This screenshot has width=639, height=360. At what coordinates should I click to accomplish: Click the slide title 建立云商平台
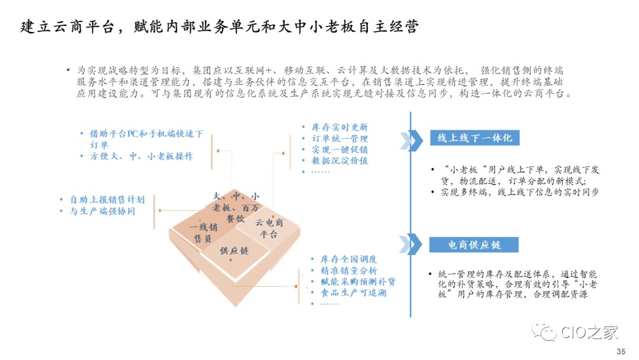click(x=219, y=27)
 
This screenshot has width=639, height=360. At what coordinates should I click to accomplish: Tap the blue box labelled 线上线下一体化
click(x=475, y=138)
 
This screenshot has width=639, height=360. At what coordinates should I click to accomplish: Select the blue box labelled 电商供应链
click(x=474, y=245)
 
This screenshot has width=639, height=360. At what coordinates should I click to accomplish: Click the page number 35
click(x=621, y=352)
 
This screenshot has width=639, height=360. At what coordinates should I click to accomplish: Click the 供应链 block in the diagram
click(x=234, y=250)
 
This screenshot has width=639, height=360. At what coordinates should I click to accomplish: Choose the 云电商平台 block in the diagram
click(x=269, y=228)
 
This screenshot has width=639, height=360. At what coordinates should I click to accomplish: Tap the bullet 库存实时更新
click(x=340, y=127)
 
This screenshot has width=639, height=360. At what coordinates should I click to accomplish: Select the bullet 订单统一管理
click(x=340, y=139)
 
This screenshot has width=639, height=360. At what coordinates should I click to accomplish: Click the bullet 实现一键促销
click(x=340, y=149)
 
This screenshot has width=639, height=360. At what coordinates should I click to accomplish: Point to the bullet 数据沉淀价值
click(x=340, y=160)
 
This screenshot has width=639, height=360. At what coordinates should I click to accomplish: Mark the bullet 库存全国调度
click(x=348, y=259)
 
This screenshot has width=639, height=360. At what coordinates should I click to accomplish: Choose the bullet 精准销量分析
click(x=348, y=271)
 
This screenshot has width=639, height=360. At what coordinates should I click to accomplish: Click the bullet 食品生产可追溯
click(x=353, y=292)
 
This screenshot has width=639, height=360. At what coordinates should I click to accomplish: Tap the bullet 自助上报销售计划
click(x=106, y=200)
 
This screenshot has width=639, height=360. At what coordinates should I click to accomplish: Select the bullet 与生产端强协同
click(x=102, y=211)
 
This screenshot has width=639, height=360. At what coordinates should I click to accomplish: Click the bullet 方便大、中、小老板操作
click(x=141, y=156)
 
